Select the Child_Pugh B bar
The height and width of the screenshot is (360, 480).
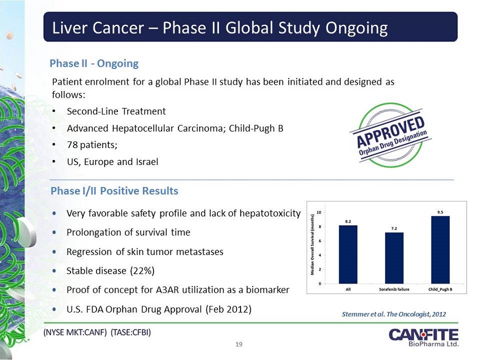point(440,249)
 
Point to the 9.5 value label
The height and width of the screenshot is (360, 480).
point(440,212)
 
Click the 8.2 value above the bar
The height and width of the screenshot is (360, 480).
point(348,222)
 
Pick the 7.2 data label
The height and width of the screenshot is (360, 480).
point(394,228)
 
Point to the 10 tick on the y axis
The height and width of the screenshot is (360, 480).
point(319,212)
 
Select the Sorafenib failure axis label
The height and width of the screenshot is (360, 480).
point(394,289)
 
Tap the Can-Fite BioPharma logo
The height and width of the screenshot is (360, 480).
point(423,337)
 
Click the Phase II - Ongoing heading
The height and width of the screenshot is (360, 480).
point(94,63)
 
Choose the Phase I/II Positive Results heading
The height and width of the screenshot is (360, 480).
point(115,191)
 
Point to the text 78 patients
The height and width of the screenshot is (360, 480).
point(91,145)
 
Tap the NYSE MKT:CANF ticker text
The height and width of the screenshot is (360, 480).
point(76,332)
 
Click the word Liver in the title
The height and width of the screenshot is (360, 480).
point(68,28)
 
